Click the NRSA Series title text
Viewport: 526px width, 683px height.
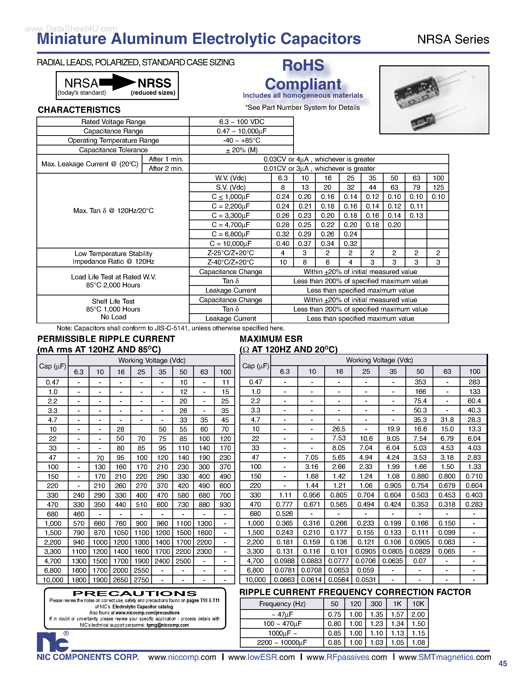coord(453,40)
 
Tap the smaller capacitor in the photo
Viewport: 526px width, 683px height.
coord(423,121)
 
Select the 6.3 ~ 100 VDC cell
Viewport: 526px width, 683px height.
coord(241,122)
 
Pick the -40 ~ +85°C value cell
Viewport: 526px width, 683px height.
coord(241,140)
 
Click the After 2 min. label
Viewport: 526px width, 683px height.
coord(166,169)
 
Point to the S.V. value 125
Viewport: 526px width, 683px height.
coord(438,187)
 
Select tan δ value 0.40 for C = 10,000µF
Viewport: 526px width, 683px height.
coord(282,244)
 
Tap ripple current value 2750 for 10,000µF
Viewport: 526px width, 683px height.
coord(141,580)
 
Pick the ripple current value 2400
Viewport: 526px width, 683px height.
coord(162,561)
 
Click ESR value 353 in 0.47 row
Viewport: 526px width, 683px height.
coord(420,382)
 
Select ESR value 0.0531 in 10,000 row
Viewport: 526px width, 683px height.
coord(365,580)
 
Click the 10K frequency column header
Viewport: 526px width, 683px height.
coord(418,604)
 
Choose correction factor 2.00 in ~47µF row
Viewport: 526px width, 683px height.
coord(418,614)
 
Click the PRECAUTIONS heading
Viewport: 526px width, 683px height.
coord(135,594)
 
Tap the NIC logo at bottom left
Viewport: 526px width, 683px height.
coord(52,642)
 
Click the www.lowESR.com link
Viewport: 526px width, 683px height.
coord(261,657)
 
